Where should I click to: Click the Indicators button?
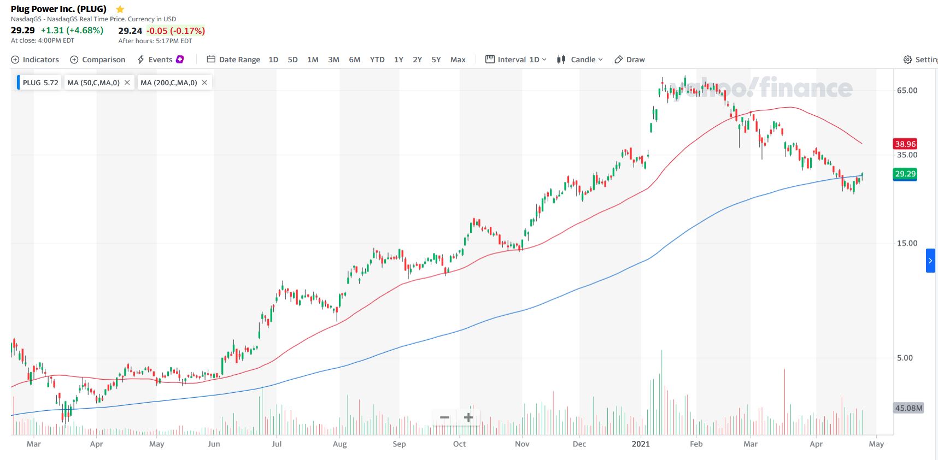pyautogui.click(x=35, y=60)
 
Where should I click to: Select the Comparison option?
pyautogui.click(x=98, y=60)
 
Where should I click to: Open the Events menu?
pyautogui.click(x=160, y=60)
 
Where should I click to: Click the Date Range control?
pyautogui.click(x=233, y=60)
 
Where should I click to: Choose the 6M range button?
pyautogui.click(x=355, y=60)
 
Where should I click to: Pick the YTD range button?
pyautogui.click(x=377, y=60)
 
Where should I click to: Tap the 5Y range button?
pyautogui.click(x=436, y=60)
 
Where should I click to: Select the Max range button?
pyautogui.click(x=458, y=60)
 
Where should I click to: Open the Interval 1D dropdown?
pyautogui.click(x=516, y=60)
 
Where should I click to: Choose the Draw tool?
pyautogui.click(x=630, y=60)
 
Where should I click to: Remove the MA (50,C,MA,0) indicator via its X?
pyautogui.click(x=127, y=82)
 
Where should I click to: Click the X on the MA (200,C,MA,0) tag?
pyautogui.click(x=204, y=82)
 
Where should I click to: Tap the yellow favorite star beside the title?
pyautogui.click(x=120, y=9)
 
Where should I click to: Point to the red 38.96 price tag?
pyautogui.click(x=905, y=144)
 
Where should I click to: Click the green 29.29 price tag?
pyautogui.click(x=905, y=174)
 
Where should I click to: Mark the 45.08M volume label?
pyautogui.click(x=908, y=408)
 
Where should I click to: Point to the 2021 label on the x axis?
pyautogui.click(x=641, y=444)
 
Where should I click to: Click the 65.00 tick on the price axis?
pyautogui.click(x=907, y=91)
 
